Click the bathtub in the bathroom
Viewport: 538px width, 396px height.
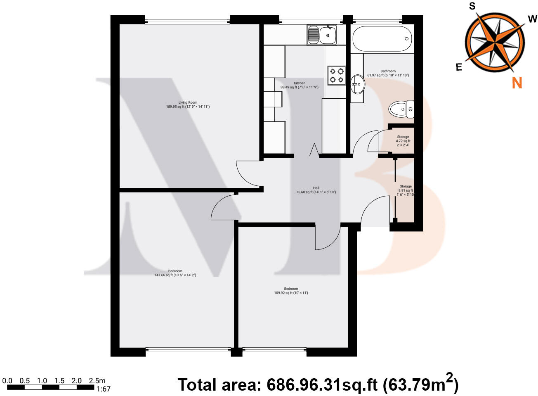coord(382,39)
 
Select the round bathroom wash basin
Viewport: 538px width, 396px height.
coord(357,85)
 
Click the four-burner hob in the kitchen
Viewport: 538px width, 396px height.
coord(336,75)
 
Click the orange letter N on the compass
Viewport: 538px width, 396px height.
coord(517,83)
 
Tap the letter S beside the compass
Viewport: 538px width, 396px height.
coord(472,6)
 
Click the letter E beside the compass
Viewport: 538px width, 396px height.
coord(459,67)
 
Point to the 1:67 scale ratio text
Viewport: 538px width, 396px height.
coord(103,389)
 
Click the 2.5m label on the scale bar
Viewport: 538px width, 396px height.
coord(97,381)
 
